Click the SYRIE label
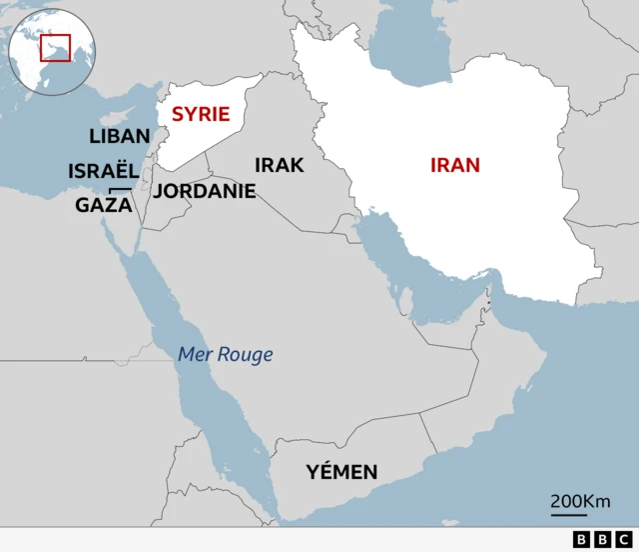(201, 114)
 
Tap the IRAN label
(455, 165)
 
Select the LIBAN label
(120, 136)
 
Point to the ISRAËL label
(104, 171)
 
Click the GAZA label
(104, 205)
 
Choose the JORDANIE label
(205, 191)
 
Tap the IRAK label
(280, 165)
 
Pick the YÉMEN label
(341, 472)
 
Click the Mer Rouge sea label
(225, 354)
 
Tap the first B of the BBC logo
(581, 540)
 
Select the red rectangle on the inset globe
(55, 46)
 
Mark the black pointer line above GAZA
(119, 189)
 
